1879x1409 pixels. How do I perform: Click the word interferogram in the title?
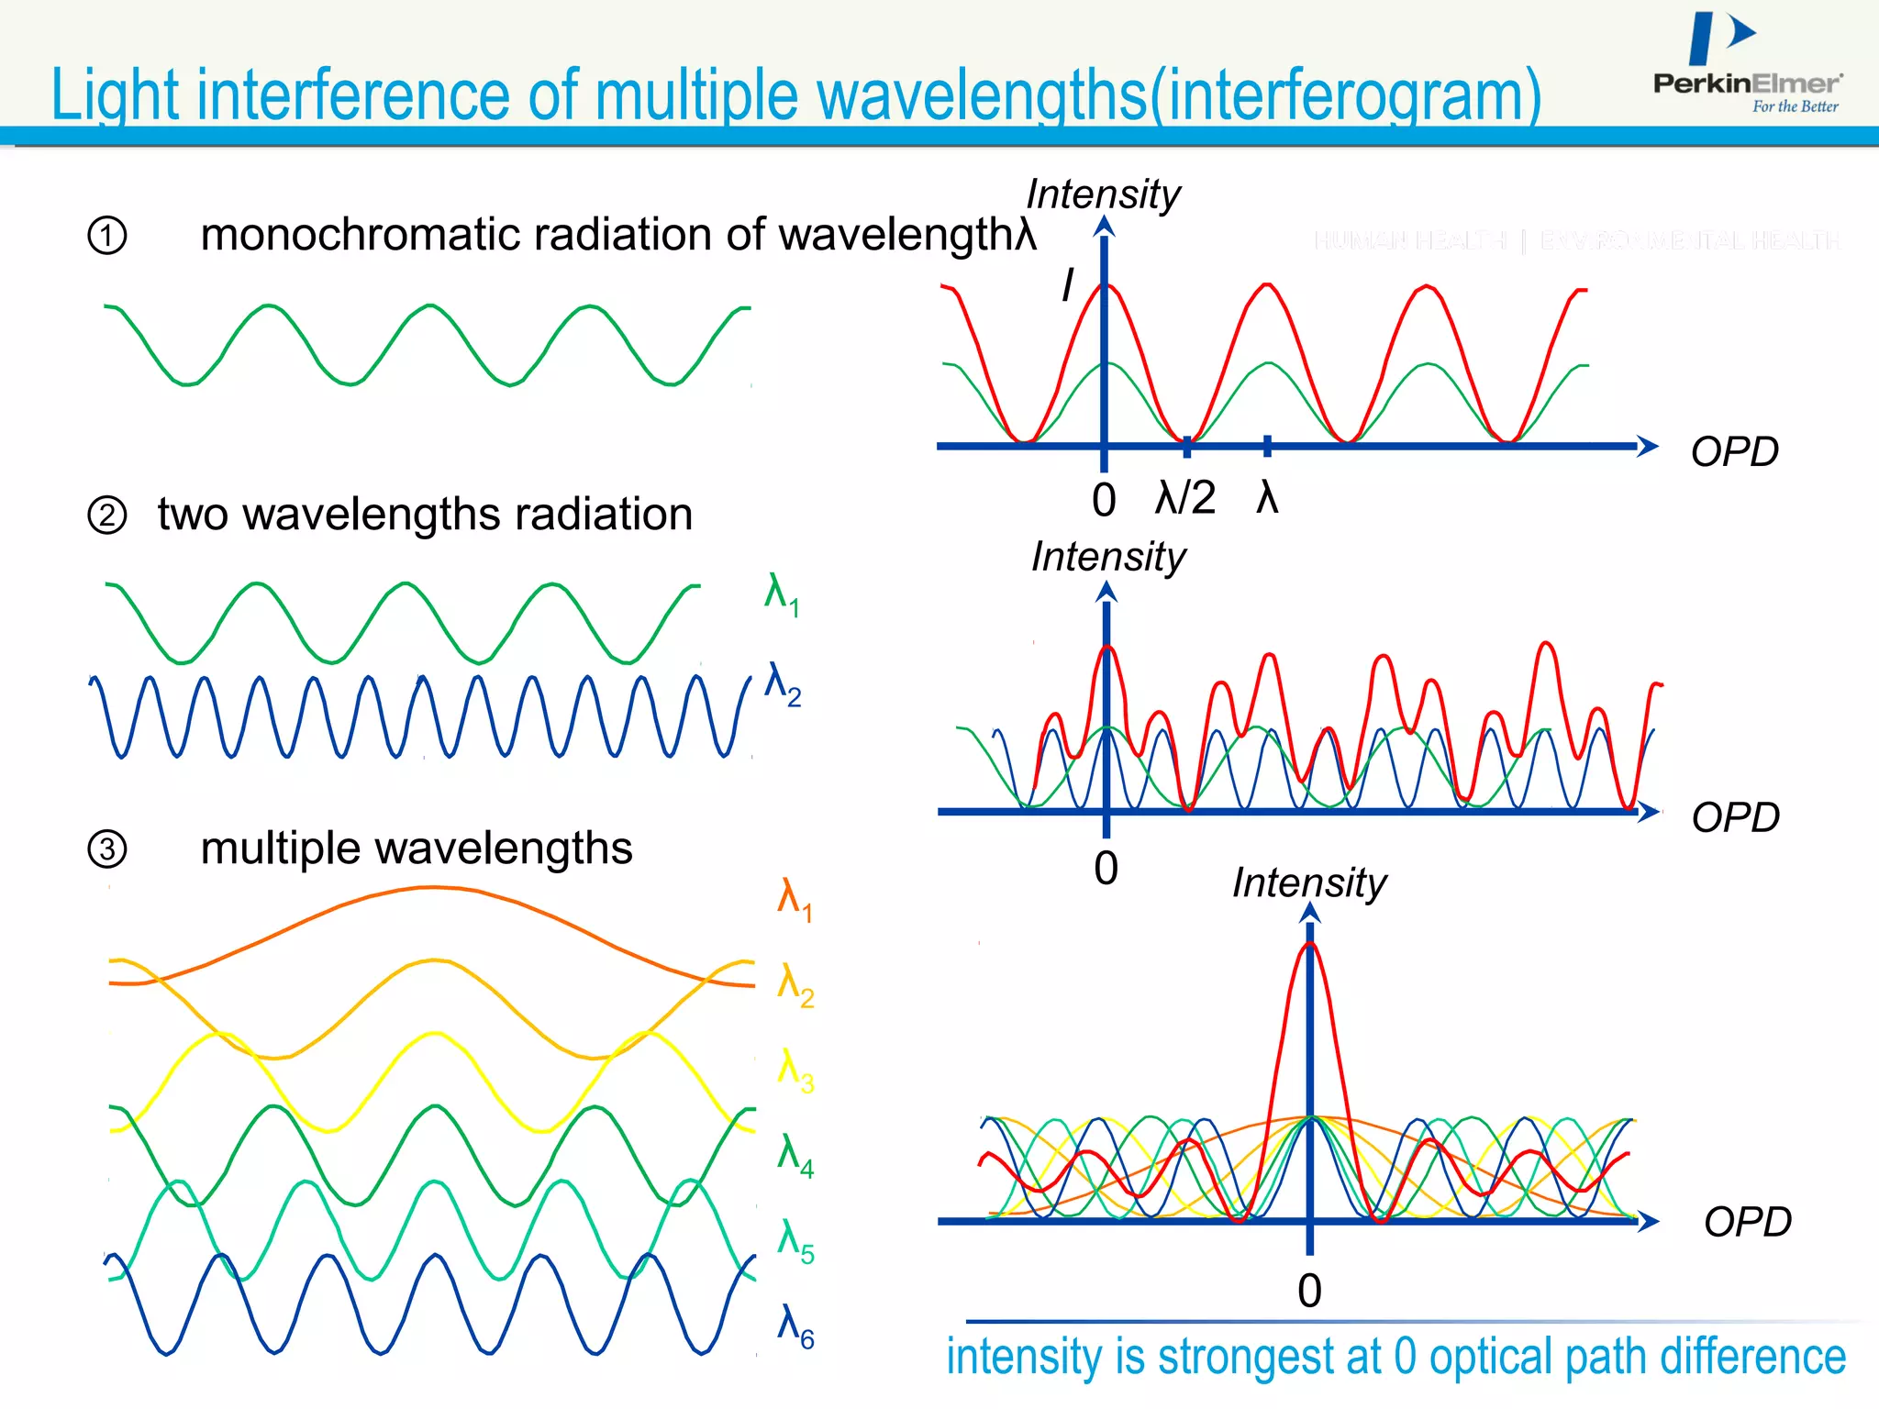coord(1343,95)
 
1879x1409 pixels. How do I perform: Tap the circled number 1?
coord(107,236)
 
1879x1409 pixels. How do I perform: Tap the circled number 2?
coord(107,516)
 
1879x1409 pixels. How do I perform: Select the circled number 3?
coord(107,849)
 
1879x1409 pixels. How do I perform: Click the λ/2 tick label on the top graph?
coord(1185,498)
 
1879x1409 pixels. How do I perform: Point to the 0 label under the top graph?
coord(1104,501)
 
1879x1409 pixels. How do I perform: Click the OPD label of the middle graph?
coord(1735,817)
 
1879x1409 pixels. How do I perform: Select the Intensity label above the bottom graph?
coord(1308,883)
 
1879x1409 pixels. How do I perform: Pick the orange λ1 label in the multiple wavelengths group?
coord(794,899)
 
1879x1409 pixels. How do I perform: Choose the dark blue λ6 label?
coord(795,1326)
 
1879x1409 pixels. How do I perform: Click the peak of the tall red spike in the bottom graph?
coord(1310,945)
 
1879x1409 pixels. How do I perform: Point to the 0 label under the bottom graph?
coord(1309,1292)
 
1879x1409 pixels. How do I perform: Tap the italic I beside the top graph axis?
coord(1067,284)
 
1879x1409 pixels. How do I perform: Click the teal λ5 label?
coord(795,1241)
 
